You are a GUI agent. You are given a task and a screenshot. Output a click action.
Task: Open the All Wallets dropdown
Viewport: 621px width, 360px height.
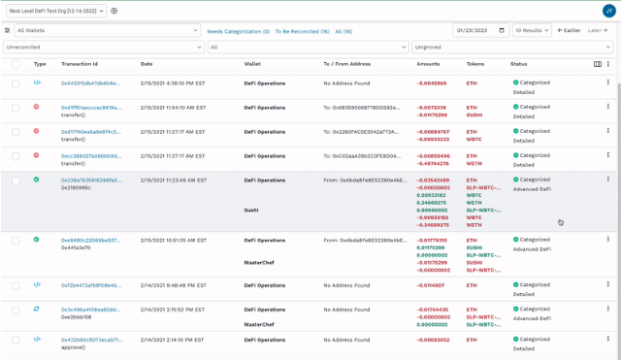pyautogui.click(x=107, y=31)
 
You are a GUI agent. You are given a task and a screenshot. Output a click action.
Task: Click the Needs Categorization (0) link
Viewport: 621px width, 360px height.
pyautogui.click(x=238, y=31)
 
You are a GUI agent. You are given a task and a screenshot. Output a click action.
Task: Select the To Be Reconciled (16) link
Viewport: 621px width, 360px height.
pyautogui.click(x=302, y=31)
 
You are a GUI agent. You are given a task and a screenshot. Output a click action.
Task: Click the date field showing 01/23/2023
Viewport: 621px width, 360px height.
pyautogui.click(x=479, y=31)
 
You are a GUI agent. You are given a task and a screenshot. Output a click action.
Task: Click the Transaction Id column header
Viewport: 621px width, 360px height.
pyautogui.click(x=80, y=64)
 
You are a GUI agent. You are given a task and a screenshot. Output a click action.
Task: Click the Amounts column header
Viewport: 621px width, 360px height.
pyautogui.click(x=428, y=64)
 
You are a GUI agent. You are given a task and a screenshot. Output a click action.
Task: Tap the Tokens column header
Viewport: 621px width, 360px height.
pyautogui.click(x=475, y=64)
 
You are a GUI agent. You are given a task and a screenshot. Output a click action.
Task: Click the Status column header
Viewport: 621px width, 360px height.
pyautogui.click(x=519, y=64)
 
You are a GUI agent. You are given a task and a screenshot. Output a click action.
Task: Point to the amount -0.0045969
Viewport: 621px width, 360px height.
pyautogui.click(x=432, y=83)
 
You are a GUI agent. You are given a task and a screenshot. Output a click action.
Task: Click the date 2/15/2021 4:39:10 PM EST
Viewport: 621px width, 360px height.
pyautogui.click(x=173, y=83)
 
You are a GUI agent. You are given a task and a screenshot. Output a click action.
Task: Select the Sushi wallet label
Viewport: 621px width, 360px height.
pyautogui.click(x=251, y=210)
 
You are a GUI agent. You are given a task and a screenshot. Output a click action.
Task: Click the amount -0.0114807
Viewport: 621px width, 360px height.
pyautogui.click(x=431, y=285)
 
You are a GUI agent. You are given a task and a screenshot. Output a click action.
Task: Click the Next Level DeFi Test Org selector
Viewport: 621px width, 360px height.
pyautogui.click(x=53, y=11)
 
